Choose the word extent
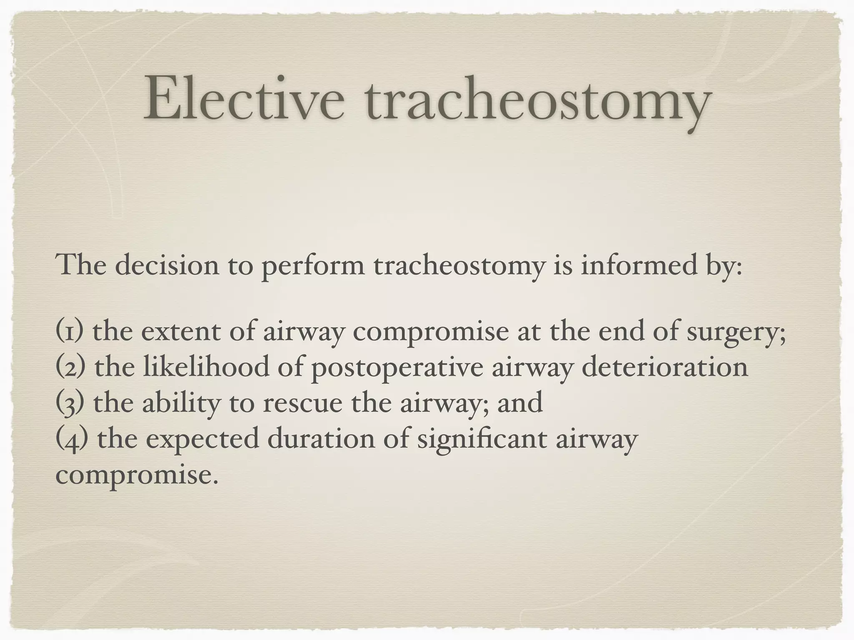pyautogui.click(x=181, y=331)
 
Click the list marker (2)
pyautogui.click(x=70, y=367)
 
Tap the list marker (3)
pyautogui.click(x=70, y=403)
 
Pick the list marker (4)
pyautogui.click(x=71, y=439)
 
